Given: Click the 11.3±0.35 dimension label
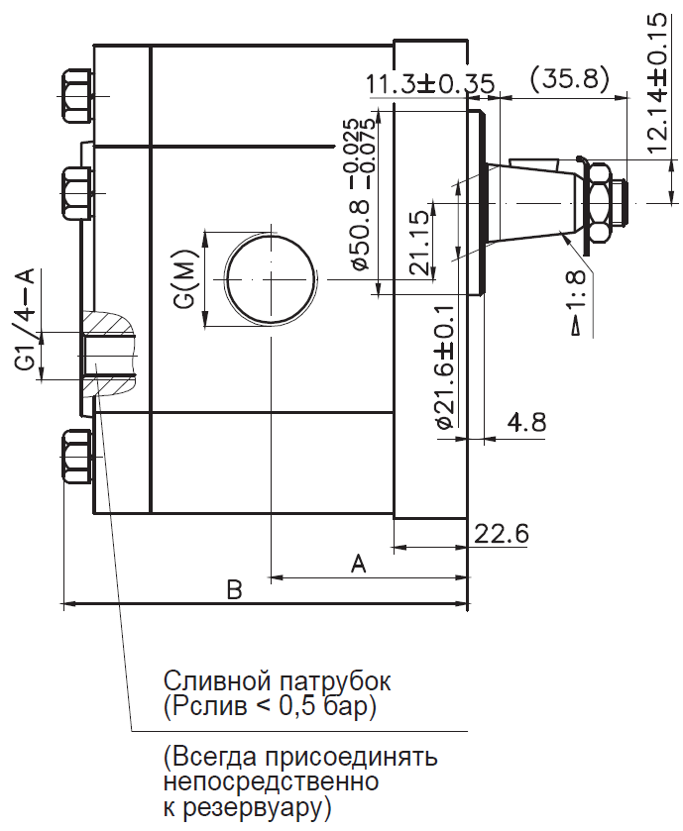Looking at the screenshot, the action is point(430,84).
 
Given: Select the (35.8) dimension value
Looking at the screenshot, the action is point(568,78).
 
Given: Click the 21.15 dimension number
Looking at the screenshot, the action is point(419,243).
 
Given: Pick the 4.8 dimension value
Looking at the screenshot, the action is point(526,422).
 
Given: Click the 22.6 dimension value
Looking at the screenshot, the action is point(502,534).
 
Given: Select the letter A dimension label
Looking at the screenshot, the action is point(359,564).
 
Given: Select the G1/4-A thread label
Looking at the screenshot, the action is point(25,320).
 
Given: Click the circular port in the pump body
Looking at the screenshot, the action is point(271,278).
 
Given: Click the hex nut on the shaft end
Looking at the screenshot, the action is point(598,203).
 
